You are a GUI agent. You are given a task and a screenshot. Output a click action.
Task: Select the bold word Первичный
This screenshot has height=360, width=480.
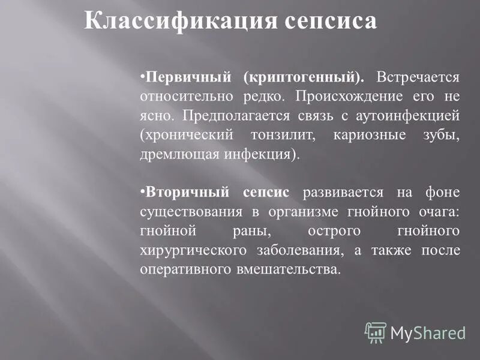coord(187,77)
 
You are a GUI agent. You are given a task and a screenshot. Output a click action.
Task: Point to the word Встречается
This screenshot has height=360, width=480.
coord(418,77)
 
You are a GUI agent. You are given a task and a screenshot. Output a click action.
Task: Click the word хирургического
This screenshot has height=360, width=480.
coord(189,250)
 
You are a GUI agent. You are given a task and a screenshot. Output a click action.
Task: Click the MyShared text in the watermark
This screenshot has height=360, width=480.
coord(427,333)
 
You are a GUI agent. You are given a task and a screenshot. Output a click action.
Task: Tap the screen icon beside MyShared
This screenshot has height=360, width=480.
coord(376,332)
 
